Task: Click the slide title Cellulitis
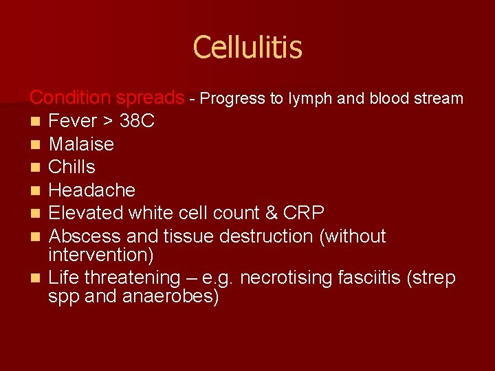[247, 47]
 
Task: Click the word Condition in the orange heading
[70, 98]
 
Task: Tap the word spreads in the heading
[150, 98]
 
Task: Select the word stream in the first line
[439, 98]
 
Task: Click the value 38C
[137, 122]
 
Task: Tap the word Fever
[73, 122]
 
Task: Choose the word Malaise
[81, 144]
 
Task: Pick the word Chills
[71, 167]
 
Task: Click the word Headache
[91, 190]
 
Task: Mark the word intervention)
[100, 256]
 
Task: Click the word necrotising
[296, 278]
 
